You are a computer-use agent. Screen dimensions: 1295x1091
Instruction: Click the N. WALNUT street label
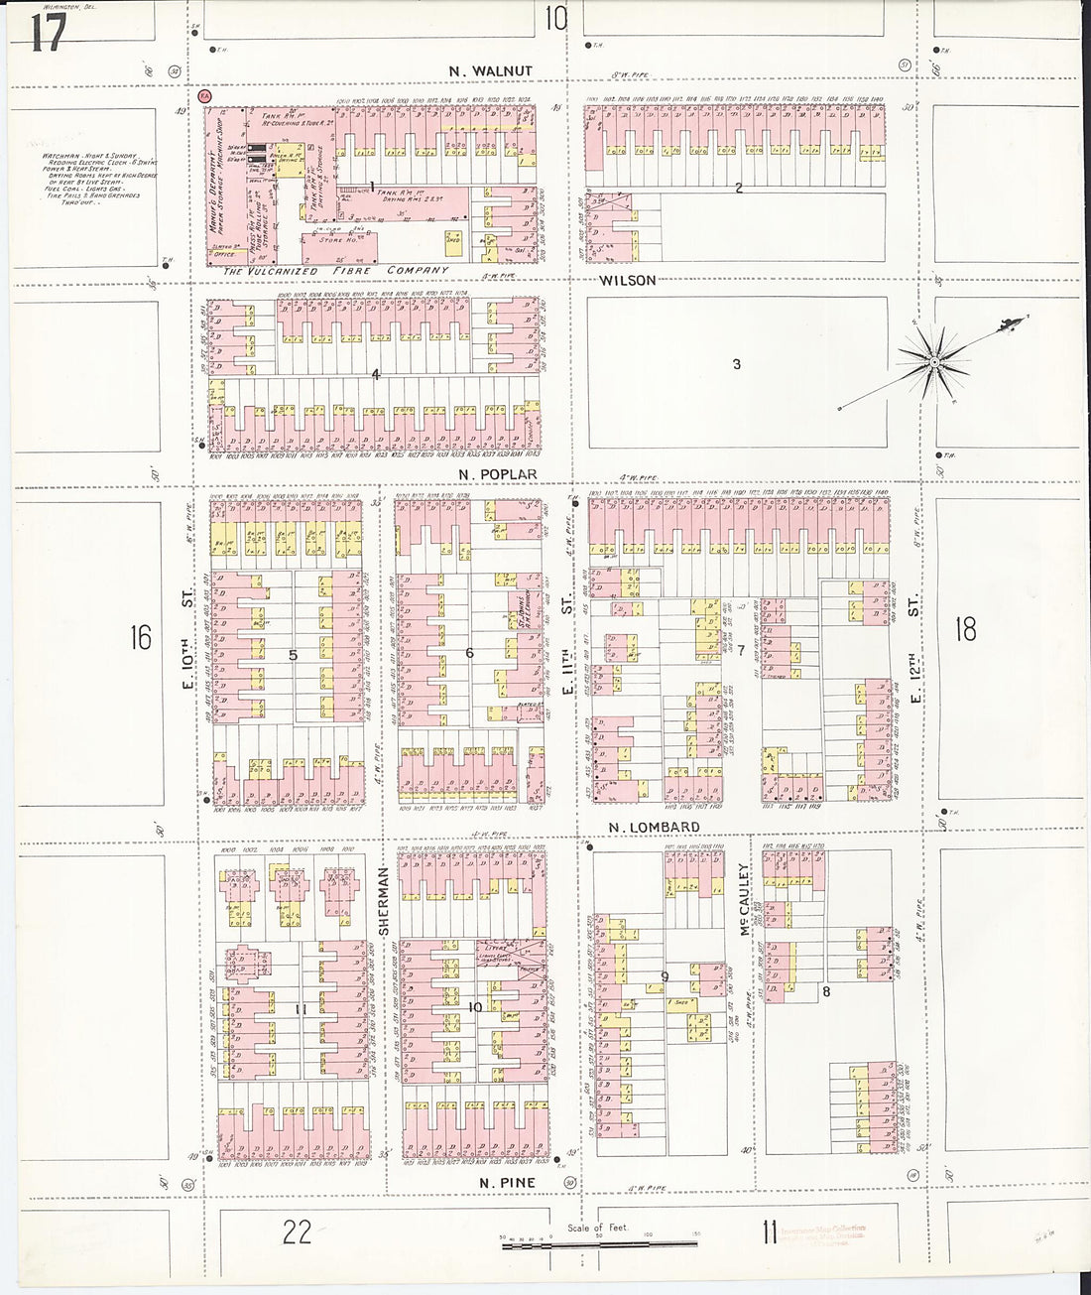490,71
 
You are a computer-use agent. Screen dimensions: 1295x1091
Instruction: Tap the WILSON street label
628,281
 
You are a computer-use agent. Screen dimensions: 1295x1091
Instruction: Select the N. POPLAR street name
498,474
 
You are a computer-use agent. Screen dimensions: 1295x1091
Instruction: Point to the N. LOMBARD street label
654,827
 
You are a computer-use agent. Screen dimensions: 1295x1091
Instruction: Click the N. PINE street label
507,1183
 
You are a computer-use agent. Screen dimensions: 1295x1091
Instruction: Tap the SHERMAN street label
382,901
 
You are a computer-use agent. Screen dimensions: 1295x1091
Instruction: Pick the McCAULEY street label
743,900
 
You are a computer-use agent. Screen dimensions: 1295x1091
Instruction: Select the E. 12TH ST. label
914,650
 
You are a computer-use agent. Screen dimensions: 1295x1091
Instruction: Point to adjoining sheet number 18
965,629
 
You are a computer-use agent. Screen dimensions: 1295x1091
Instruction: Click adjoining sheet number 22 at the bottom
297,1231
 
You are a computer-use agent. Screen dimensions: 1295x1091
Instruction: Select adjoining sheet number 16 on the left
140,637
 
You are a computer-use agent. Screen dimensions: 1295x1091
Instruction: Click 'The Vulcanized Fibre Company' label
335,270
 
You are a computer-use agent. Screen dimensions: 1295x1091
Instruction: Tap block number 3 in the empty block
736,364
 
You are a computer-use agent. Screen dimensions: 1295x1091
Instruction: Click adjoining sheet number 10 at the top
555,18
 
